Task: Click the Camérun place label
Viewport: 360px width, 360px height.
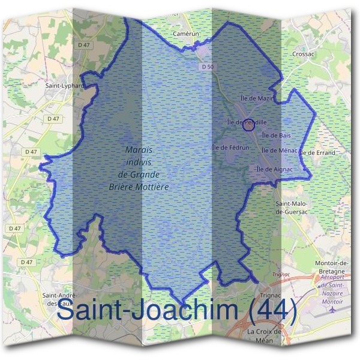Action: click(x=185, y=34)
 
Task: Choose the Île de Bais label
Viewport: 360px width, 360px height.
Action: click(x=276, y=136)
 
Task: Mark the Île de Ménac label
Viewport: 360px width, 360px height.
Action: click(x=280, y=151)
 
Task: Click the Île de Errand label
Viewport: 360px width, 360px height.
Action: click(x=317, y=153)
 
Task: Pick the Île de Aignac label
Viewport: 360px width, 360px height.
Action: click(x=274, y=169)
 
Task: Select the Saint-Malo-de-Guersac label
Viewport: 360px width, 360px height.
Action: click(x=292, y=208)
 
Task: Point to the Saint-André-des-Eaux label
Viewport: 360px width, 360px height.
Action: click(x=59, y=299)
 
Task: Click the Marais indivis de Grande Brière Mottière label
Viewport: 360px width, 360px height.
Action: click(x=139, y=168)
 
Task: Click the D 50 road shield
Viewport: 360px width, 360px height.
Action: click(x=208, y=67)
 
